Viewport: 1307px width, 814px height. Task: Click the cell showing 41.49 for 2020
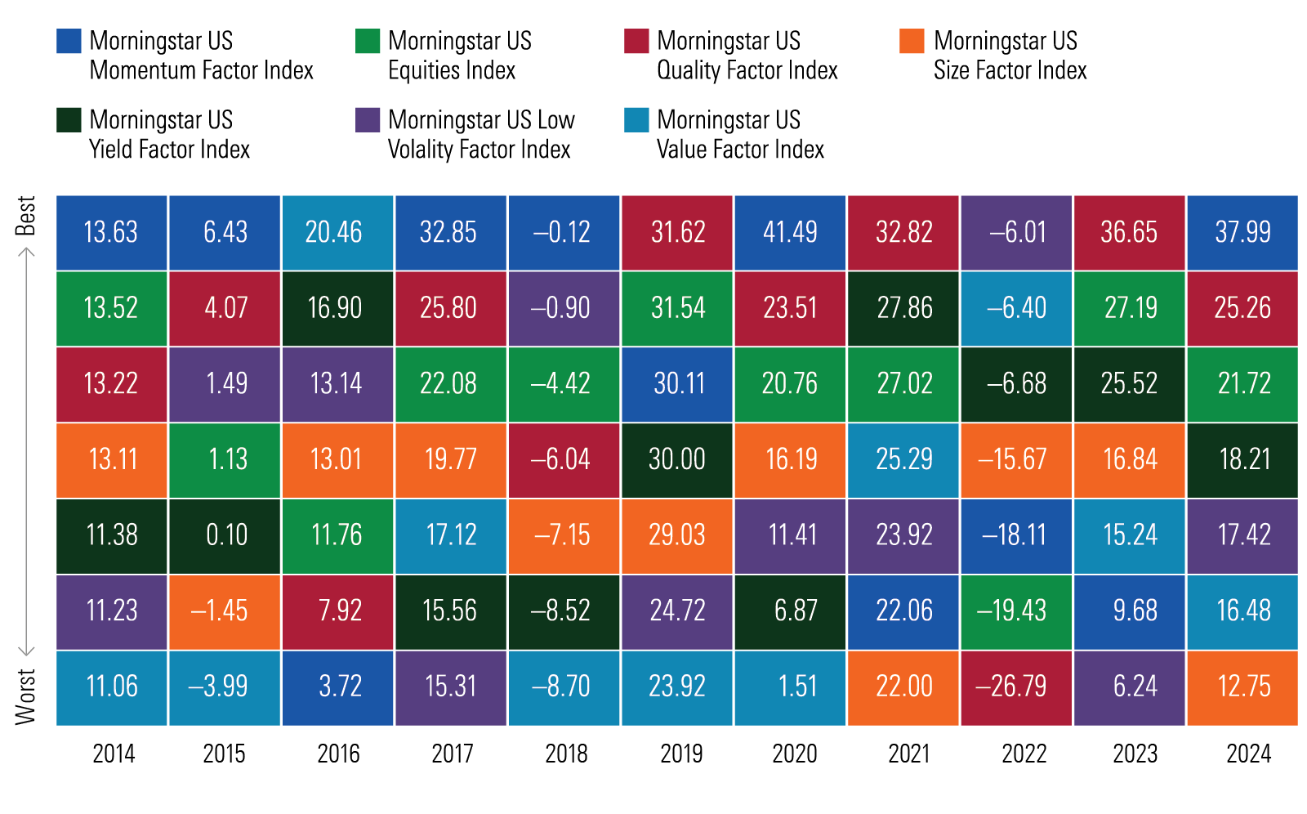pyautogui.click(x=790, y=232)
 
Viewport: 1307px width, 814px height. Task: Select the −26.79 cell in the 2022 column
pyautogui.click(x=1015, y=687)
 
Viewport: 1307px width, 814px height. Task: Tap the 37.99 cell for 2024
pyautogui.click(x=1242, y=232)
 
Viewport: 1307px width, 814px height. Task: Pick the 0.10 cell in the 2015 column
pyautogui.click(x=225, y=535)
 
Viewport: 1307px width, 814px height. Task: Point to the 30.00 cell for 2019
pyautogui.click(x=677, y=459)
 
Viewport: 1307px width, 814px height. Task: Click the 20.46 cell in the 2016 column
pyautogui.click(x=337, y=232)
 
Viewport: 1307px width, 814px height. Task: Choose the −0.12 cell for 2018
pyautogui.click(x=564, y=232)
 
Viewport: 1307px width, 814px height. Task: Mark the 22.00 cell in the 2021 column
pyautogui.click(x=903, y=687)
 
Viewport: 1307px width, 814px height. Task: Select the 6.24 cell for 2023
pyautogui.click(x=1129, y=687)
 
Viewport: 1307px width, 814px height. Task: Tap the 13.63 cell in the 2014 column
pyautogui.click(x=112, y=232)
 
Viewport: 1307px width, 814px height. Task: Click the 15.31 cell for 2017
pyautogui.click(x=451, y=687)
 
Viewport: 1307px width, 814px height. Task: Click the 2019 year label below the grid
pyautogui.click(x=680, y=754)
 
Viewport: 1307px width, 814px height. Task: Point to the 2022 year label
pyautogui.click(x=1024, y=754)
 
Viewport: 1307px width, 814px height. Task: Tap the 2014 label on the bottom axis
pyautogui.click(x=114, y=754)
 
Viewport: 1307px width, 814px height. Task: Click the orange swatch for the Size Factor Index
pyautogui.click(x=911, y=41)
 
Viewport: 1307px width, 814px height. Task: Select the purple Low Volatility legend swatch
pyautogui.click(x=368, y=120)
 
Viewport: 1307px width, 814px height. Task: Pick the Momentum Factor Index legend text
pyautogui.click(x=201, y=56)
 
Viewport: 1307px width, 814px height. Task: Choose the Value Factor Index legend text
pyautogui.click(x=740, y=135)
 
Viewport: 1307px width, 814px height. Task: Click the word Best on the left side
pyautogui.click(x=26, y=215)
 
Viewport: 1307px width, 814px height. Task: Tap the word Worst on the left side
pyautogui.click(x=26, y=696)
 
